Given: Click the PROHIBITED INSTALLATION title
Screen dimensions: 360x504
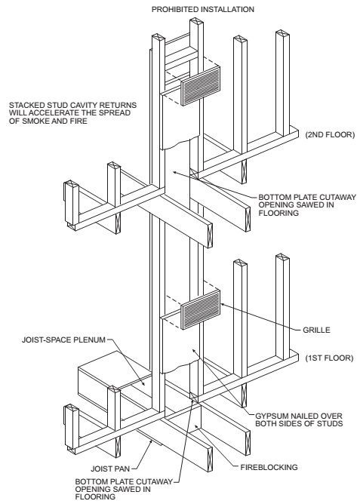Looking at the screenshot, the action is pos(203,9).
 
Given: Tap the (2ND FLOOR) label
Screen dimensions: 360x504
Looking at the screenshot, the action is pos(330,135).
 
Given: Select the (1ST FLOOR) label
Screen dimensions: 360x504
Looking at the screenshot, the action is pos(329,358).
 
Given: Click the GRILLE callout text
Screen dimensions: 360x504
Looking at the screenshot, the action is pos(316,330).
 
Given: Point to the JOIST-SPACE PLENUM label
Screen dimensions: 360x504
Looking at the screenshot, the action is pos(63,340).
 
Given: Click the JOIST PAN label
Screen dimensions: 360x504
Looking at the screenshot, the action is pos(110,469).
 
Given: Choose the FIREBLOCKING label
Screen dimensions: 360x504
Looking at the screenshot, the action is pos(269,467).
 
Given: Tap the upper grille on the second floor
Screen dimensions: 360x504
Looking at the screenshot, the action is pos(201,86).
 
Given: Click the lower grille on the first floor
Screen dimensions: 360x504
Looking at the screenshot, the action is pos(201,309).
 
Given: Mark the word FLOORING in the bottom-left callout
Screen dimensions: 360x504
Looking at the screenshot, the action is pos(95,497).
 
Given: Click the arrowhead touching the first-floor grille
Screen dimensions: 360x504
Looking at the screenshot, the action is pos(222,304).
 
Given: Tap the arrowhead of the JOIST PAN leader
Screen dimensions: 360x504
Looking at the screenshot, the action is pos(151,443).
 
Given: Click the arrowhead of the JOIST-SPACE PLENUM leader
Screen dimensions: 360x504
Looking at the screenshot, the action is pos(143,383).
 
